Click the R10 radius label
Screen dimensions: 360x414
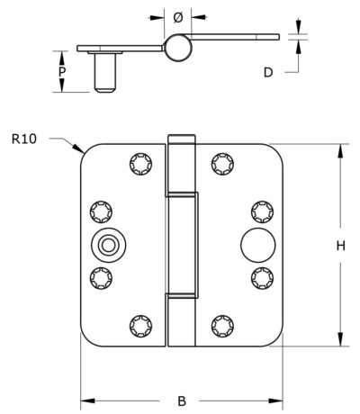tap(24, 139)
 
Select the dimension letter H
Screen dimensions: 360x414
tap(340, 246)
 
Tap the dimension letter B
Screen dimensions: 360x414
tap(182, 400)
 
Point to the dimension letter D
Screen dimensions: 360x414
tap(268, 72)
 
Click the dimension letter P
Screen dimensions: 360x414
tap(62, 72)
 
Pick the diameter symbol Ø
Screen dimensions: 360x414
tap(178, 18)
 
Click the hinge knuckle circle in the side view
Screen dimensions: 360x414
tap(178, 48)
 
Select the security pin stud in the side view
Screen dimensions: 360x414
tap(104, 73)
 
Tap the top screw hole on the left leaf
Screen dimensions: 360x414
tap(140, 164)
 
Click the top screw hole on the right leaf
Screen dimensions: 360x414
tap(222, 164)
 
